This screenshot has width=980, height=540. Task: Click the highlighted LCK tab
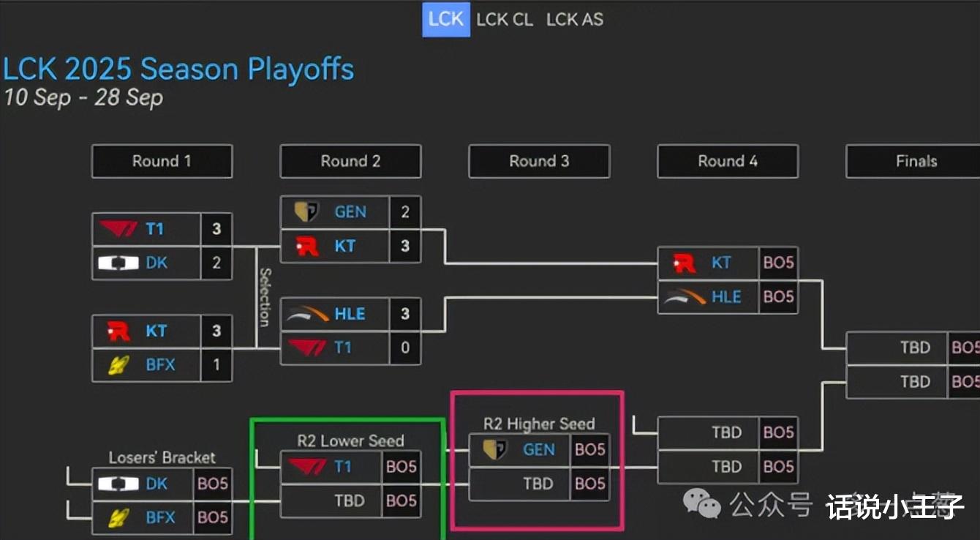(x=446, y=20)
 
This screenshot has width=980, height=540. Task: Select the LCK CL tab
(x=505, y=20)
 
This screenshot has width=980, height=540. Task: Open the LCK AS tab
(x=575, y=20)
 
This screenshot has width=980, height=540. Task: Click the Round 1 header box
(x=162, y=161)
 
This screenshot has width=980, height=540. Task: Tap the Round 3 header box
(x=539, y=161)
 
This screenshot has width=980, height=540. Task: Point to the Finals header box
(x=913, y=161)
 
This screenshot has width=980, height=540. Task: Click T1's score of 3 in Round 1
(x=216, y=229)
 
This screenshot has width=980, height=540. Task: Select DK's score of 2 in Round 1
(x=216, y=263)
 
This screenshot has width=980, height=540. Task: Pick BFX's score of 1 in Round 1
(x=216, y=365)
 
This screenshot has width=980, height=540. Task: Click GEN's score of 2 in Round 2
(x=405, y=212)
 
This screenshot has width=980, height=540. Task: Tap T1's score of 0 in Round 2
(x=405, y=348)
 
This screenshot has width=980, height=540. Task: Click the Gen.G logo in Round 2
(x=306, y=211)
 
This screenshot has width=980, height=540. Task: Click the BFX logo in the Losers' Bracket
(x=118, y=517)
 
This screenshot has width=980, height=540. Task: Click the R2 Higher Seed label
(x=539, y=424)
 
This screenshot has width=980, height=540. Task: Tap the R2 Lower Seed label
(x=350, y=440)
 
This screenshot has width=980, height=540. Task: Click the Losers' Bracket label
(x=162, y=458)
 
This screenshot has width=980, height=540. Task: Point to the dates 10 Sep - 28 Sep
(x=83, y=97)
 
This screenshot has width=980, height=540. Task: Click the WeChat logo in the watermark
(x=702, y=503)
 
